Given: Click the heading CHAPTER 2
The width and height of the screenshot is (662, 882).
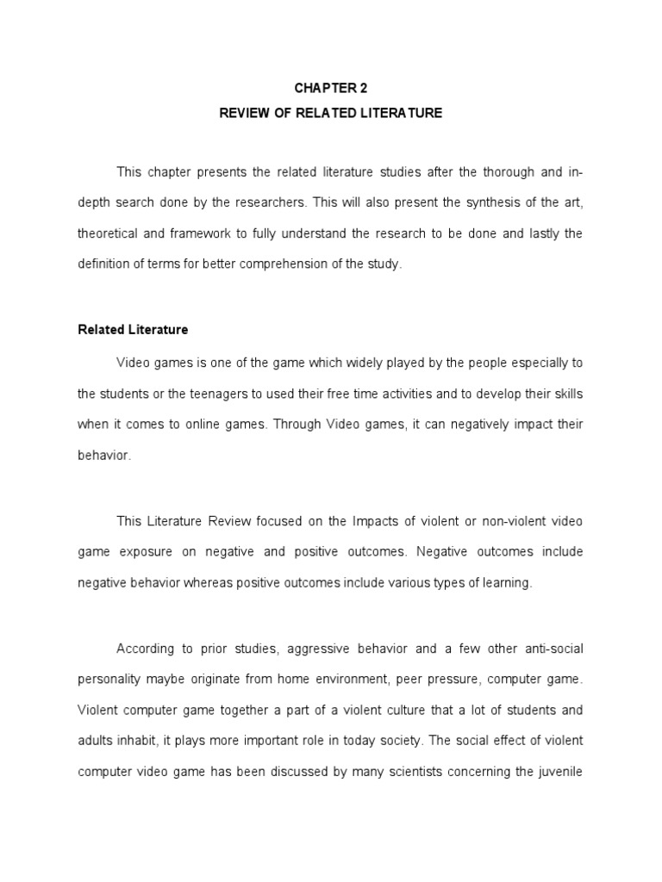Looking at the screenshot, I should coord(330,87).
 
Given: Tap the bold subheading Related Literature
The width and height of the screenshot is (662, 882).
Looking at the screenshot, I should coord(133,329).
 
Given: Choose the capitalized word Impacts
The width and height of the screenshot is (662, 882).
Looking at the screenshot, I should coord(372,522).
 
